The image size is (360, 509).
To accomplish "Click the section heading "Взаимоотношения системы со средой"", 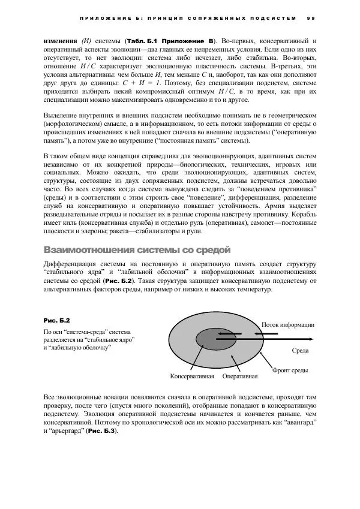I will (x=137, y=249).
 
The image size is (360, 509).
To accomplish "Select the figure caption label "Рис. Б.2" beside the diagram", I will (x=57, y=321).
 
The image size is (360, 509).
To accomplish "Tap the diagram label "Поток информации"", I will (x=287, y=324).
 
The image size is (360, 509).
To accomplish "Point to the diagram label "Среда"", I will (x=299, y=350).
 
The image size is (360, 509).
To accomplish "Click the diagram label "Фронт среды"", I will (x=290, y=371).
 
